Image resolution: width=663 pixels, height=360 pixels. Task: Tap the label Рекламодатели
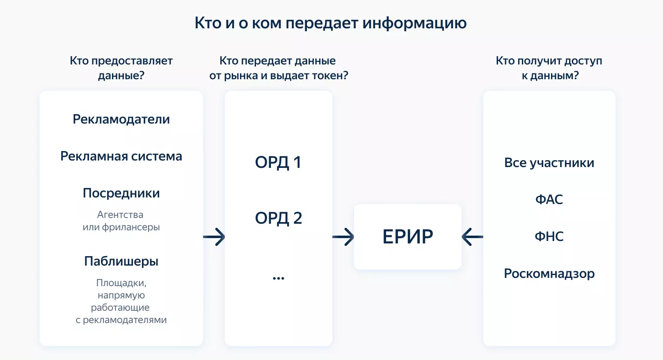121,119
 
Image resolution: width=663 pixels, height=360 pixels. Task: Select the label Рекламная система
121,156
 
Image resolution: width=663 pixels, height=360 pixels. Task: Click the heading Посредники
121,193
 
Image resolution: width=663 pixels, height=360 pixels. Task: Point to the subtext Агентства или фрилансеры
121,221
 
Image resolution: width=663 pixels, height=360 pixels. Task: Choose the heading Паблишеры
121,261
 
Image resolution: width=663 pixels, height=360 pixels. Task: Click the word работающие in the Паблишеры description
120,307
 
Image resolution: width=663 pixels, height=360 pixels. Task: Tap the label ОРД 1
278,163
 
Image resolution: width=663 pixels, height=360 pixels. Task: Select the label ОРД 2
278,218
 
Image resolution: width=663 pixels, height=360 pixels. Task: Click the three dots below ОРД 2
278,278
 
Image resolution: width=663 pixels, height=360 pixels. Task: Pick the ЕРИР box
407,237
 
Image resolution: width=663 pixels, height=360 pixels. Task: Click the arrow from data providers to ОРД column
214,237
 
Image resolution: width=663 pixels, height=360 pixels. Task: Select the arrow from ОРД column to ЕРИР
343,237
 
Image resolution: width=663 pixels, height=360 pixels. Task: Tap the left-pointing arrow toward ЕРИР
472,237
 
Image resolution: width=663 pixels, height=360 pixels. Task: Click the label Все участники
549,163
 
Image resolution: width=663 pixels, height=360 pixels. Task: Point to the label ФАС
549,200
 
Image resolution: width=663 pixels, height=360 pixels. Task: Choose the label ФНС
549,236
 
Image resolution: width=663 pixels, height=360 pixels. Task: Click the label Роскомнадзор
549,273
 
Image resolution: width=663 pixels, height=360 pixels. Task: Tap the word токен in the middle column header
327,76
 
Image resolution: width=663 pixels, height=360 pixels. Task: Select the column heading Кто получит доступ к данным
549,68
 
